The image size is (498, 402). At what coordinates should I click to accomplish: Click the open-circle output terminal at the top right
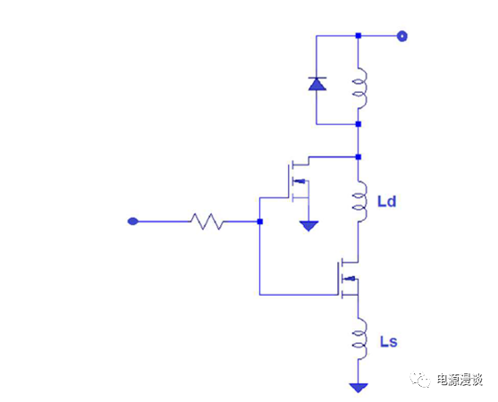(x=402, y=37)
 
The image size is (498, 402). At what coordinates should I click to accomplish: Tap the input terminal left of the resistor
(x=133, y=221)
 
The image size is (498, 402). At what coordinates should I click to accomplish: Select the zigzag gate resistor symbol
(x=208, y=221)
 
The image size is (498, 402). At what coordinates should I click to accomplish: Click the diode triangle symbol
(x=317, y=83)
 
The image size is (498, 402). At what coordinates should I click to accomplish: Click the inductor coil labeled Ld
(x=359, y=202)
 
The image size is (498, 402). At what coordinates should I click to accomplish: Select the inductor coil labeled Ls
(x=359, y=340)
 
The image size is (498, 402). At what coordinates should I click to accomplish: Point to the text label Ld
(x=387, y=202)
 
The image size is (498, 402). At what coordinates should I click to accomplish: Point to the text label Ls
(x=387, y=341)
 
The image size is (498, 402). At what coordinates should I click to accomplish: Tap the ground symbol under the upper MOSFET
(x=308, y=225)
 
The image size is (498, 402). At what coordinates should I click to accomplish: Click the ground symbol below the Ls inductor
(x=359, y=388)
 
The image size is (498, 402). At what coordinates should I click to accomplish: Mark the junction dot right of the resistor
(x=259, y=221)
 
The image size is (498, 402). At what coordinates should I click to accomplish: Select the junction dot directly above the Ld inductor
(x=359, y=157)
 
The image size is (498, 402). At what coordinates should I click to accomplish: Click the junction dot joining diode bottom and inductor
(x=359, y=124)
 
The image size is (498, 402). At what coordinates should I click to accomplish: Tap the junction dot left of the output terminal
(x=359, y=37)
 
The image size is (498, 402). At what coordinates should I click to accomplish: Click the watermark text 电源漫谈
(x=457, y=380)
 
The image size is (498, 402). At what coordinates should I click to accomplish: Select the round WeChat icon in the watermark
(x=419, y=380)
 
